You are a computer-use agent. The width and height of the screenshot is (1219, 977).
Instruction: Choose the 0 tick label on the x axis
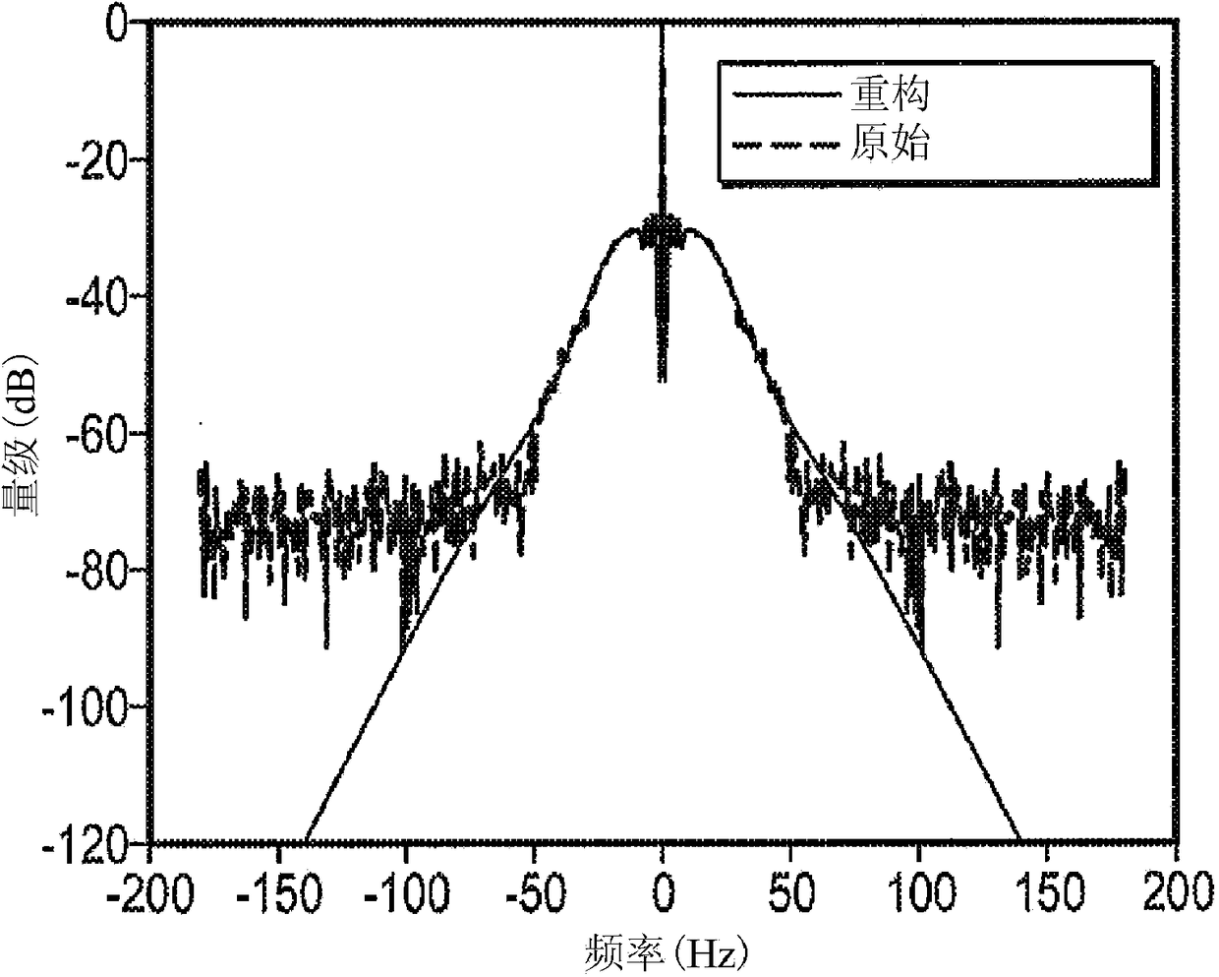coord(664,893)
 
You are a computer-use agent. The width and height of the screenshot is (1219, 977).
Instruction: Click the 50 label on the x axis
coord(792,893)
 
